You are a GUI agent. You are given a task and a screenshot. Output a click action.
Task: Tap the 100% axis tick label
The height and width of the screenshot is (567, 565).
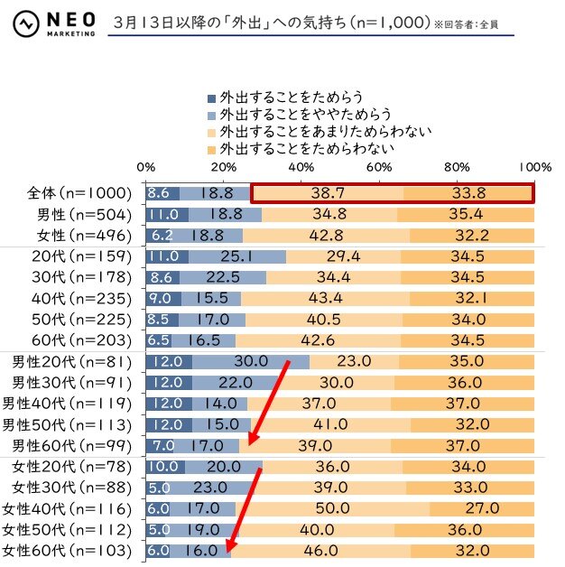pyautogui.click(x=535, y=167)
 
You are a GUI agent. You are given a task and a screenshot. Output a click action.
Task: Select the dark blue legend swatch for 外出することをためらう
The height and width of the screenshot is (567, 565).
pyautogui.click(x=212, y=98)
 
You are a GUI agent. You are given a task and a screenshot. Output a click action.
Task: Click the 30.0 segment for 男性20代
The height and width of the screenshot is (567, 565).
pyautogui.click(x=250, y=361)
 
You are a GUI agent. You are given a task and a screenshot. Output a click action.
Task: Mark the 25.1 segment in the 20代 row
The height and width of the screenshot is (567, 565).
pyautogui.click(x=237, y=256)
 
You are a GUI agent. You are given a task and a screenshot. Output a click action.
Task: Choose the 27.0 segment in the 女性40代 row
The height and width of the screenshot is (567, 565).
pyautogui.click(x=482, y=508)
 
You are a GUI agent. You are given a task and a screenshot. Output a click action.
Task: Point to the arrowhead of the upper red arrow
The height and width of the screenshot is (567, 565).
pyautogui.click(x=253, y=442)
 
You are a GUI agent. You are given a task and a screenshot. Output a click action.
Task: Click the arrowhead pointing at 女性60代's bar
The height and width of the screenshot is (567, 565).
pyautogui.click(x=231, y=546)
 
